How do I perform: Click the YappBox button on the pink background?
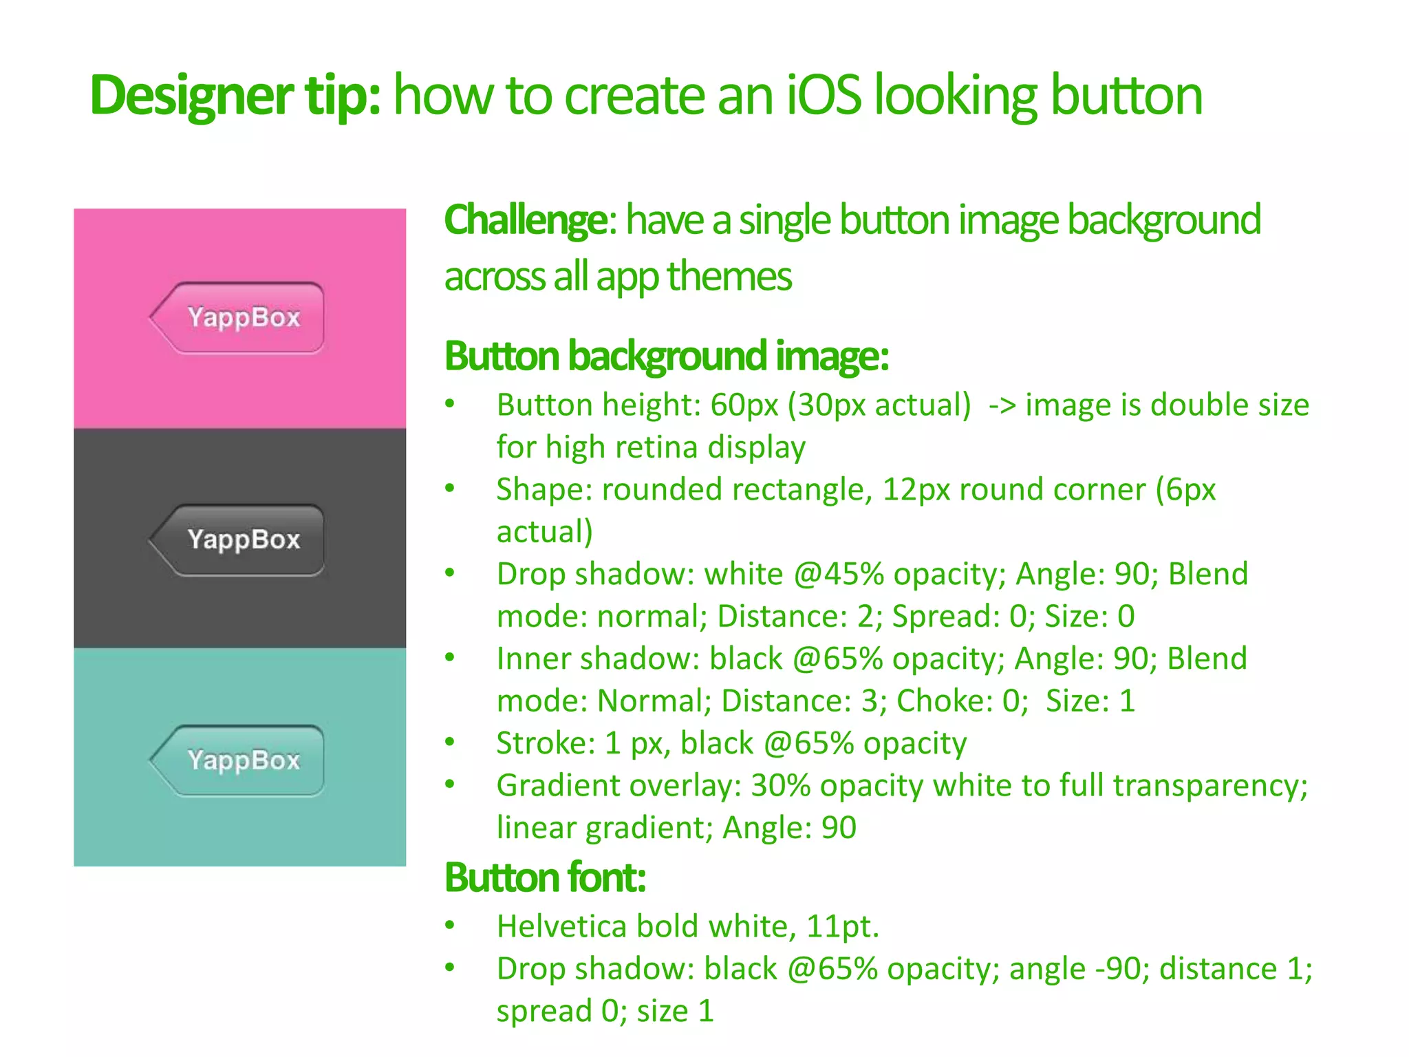[x=237, y=318]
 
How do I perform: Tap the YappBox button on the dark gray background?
[x=237, y=540]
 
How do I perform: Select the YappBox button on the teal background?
[x=237, y=760]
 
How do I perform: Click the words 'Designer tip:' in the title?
[x=235, y=96]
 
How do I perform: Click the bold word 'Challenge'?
[x=526, y=220]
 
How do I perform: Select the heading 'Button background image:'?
[x=667, y=356]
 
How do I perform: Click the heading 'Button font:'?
[x=545, y=878]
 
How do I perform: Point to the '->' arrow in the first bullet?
[x=1002, y=405]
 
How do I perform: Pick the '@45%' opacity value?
[x=839, y=574]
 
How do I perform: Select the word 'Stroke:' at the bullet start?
[x=546, y=743]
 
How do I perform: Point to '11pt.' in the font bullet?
[x=842, y=926]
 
